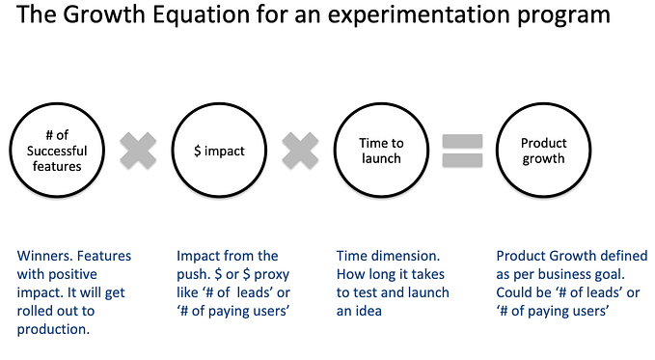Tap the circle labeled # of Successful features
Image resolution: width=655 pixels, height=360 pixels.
(x=55, y=151)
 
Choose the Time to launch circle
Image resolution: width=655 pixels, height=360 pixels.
(x=381, y=151)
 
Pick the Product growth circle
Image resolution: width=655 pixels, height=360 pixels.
(x=543, y=151)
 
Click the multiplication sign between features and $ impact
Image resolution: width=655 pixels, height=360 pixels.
(x=137, y=151)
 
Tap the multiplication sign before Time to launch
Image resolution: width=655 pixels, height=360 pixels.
(x=300, y=151)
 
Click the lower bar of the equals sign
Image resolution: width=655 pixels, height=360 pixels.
(x=461, y=160)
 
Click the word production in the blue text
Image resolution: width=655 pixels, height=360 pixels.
(x=54, y=329)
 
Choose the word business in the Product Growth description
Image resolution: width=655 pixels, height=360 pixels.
(x=567, y=275)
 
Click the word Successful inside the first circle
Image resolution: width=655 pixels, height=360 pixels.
(x=56, y=152)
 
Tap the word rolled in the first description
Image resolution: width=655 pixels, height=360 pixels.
(x=38, y=311)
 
